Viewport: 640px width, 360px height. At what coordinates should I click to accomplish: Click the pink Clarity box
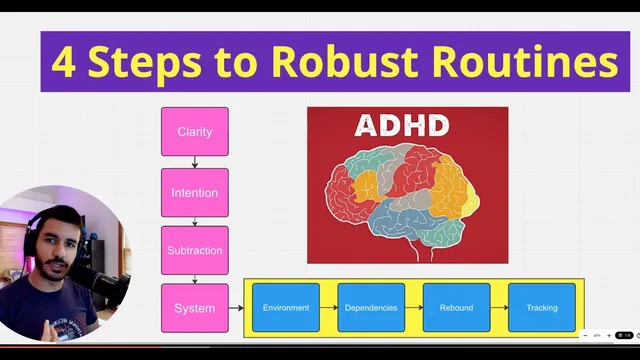point(194,132)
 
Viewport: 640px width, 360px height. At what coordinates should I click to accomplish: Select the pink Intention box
point(194,193)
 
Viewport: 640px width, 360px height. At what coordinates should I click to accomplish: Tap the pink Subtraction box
point(194,250)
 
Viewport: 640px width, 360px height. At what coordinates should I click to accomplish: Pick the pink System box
point(194,308)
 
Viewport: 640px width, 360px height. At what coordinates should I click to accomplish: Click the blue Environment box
point(286,308)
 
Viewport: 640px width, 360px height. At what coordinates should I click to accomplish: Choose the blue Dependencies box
point(371,308)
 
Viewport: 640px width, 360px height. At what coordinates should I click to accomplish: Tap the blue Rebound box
point(456,308)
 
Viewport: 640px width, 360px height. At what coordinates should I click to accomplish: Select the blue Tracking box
point(542,308)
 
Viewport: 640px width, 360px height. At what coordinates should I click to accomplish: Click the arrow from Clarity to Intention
point(195,162)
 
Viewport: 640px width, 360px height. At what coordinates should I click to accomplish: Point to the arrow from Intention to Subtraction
point(195,221)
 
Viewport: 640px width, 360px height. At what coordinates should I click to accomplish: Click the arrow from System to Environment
point(236,308)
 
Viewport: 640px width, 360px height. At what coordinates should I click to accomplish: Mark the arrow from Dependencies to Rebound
point(414,308)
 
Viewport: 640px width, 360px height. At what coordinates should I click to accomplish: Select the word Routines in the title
point(524,62)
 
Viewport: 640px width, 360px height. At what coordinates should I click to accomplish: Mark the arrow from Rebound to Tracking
point(499,308)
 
